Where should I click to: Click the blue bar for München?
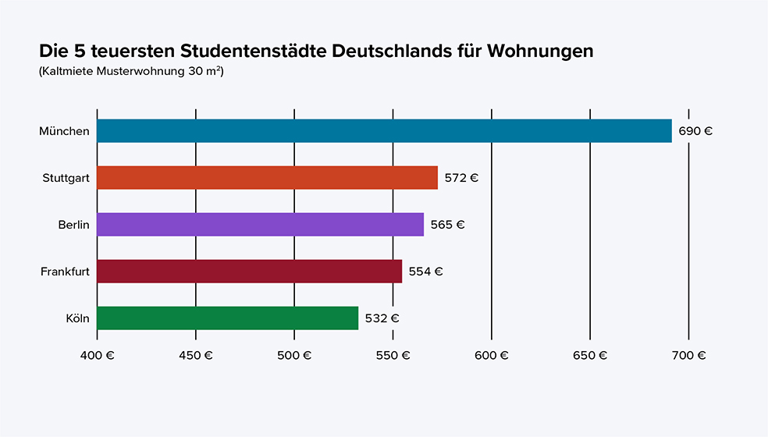coord(384,131)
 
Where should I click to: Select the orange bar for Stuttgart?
coord(267,178)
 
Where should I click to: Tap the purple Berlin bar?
coord(260,225)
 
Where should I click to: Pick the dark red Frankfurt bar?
coord(249,272)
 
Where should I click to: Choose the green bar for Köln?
coord(227,318)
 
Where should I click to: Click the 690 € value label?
coord(695,131)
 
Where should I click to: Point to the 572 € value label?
coord(461,178)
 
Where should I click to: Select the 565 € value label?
coord(447,225)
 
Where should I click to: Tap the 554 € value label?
coord(425,272)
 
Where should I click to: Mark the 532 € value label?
coord(382,318)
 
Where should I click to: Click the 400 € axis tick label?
coord(98,355)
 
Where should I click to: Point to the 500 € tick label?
coord(294,355)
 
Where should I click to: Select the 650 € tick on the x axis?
coord(590,355)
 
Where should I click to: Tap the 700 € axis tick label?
coord(688,355)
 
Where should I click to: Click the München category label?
coord(64,131)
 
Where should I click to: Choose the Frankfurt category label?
coord(65,272)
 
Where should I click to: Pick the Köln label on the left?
coord(77,318)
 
